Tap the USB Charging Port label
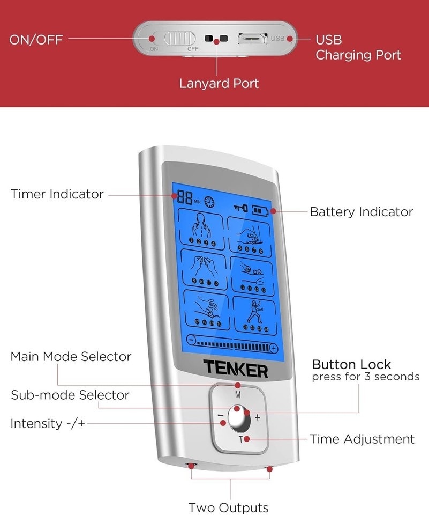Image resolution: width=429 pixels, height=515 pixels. coord(358,47)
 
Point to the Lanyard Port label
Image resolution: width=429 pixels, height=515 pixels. coord(219,84)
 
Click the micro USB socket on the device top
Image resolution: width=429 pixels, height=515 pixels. coord(252,39)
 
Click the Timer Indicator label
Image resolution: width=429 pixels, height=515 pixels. coord(57,194)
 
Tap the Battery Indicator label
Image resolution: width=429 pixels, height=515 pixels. coord(362,212)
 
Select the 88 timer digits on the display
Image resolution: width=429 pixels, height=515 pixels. coord(185,198)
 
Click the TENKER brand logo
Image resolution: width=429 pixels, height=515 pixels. coord(235,369)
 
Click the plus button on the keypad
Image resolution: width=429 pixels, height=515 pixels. coord(258,417)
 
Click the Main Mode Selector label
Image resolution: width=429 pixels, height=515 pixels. coord(71,357)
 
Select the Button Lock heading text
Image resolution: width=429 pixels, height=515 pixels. coord(351,365)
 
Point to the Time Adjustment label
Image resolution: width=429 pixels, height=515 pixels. coord(362,439)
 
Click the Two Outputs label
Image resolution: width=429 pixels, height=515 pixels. coord(228,507)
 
